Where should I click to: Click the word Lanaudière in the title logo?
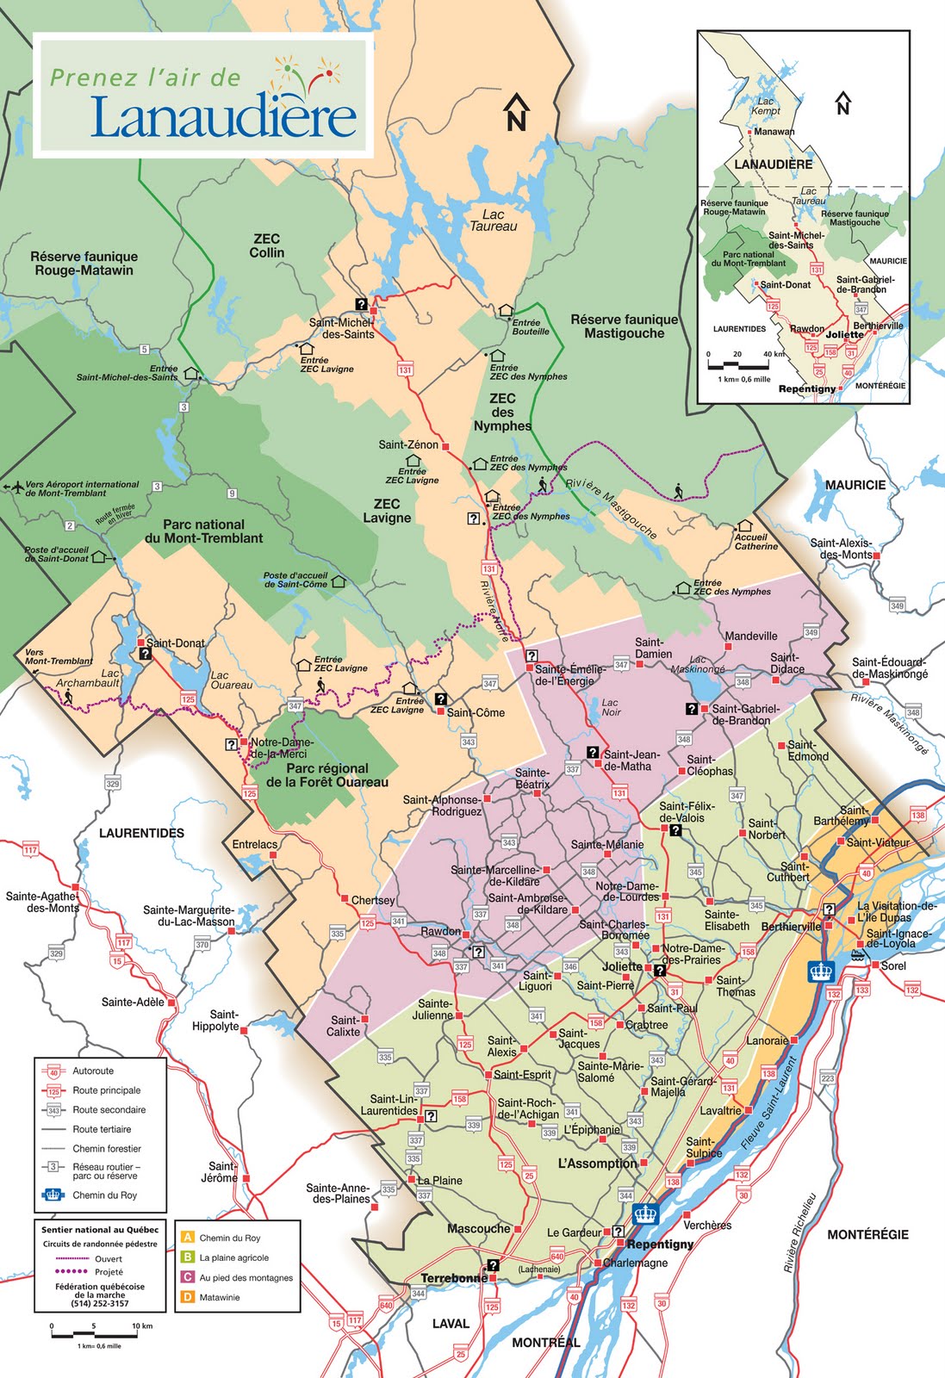pos(223,116)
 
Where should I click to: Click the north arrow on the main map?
pos(516,112)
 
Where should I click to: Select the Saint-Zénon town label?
pos(408,444)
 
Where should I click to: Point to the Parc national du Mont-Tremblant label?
pos(204,531)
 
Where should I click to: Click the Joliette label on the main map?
pos(622,966)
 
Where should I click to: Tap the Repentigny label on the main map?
pos(660,1244)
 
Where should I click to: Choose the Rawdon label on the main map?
pos(440,931)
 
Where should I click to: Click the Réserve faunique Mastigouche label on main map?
pos(624,326)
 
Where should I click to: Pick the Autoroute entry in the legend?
pos(92,1071)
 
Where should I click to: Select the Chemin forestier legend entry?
pos(106,1148)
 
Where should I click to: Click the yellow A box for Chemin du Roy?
pos(187,1238)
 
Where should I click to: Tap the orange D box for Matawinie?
pos(187,1296)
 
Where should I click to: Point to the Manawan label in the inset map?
pos(774,132)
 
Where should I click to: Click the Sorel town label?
pos(893,965)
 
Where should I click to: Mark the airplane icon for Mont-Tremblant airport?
pos(14,487)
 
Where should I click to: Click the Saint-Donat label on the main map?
pos(176,642)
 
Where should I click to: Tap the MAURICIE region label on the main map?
pos(855,485)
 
